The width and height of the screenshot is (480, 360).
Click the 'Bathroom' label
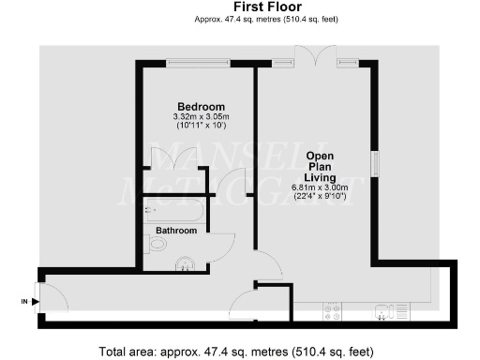point(175,230)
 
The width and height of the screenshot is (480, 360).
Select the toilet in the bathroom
point(158,246)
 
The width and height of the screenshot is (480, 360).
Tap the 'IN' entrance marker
point(24,301)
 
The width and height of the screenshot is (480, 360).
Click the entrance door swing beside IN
point(54,298)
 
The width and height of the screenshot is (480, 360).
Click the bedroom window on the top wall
point(198,63)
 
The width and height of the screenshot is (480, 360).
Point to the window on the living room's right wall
point(376,161)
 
